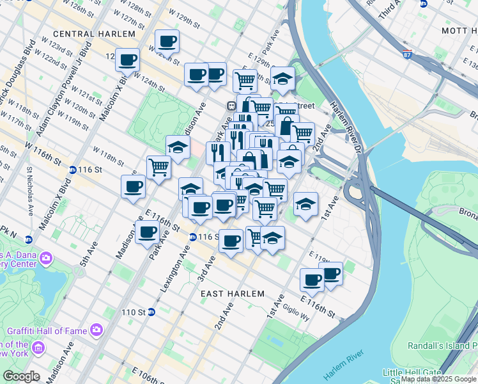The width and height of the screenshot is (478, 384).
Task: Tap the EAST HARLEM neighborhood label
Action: point(232,294)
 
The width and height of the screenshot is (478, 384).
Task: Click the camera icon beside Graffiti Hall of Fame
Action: point(96,330)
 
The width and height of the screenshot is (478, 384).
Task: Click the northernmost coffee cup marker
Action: point(167,42)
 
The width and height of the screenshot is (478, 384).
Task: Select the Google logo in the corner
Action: point(21,376)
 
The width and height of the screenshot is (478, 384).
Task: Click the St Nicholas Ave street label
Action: point(30,191)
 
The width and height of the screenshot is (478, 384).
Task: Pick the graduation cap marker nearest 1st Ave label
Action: point(306,204)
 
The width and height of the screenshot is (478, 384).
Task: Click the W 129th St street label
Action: point(183,19)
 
